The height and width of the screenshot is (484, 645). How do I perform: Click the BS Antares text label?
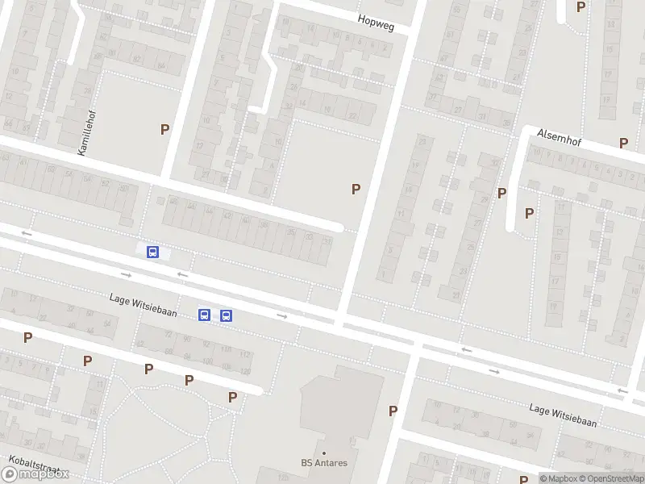pos(324,463)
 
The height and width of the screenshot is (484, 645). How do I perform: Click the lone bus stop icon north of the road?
pos(152,252)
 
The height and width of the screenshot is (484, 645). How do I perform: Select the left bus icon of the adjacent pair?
pos(205,315)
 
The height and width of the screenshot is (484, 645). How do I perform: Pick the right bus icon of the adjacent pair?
pos(226,315)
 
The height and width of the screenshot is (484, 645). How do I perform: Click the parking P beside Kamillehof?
pos(165,129)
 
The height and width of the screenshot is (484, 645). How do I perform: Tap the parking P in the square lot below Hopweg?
pos(355,189)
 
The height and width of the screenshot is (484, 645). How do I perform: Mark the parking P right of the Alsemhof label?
pos(623,143)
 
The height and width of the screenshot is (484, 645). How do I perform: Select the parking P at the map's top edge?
pos(580,6)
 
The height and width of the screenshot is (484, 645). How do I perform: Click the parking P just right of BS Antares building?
pos(393,411)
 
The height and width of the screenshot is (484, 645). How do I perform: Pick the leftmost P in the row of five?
pos(27,338)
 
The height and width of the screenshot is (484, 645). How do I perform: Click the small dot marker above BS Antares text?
pos(324,453)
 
